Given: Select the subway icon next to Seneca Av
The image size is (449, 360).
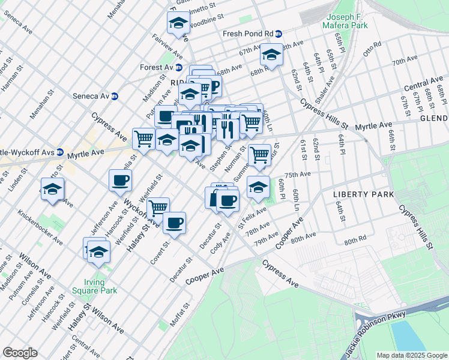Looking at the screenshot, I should (114, 96).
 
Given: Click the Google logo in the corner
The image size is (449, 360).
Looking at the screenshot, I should (20, 353).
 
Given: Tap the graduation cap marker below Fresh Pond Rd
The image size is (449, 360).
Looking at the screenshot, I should (271, 56).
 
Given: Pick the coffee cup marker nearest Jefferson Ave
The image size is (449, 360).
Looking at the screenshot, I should (120, 179).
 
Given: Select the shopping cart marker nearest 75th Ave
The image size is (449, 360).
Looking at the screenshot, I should (259, 155).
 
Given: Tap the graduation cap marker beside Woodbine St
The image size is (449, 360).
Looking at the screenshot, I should (178, 23).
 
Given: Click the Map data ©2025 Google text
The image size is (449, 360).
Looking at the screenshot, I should (411, 355).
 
